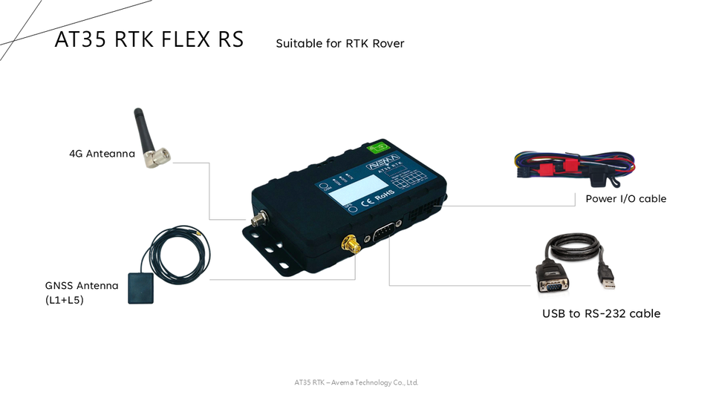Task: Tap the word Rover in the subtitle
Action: coord(388,43)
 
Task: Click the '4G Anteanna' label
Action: coord(102,154)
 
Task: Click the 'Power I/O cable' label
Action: coord(625,198)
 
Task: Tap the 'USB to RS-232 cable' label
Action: coord(601,313)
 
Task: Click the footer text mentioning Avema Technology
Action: coord(356,382)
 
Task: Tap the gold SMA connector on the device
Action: coord(348,244)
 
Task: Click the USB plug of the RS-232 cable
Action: coord(608,277)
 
